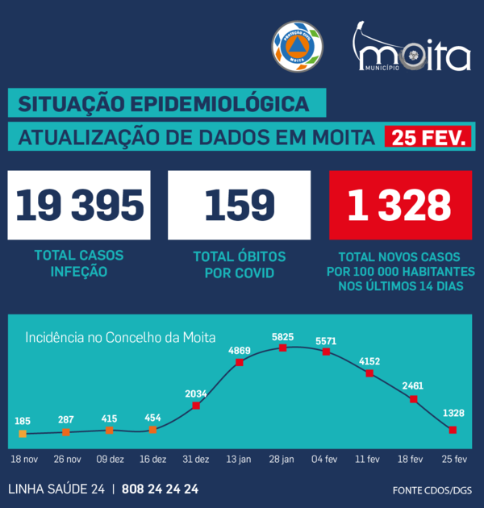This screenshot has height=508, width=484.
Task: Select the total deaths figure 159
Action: tap(240, 205)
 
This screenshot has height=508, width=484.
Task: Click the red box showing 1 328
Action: tap(400, 205)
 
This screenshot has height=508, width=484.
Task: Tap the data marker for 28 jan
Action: tap(283, 348)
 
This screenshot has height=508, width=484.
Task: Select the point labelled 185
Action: tap(23, 433)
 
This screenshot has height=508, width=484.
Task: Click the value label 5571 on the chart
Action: tap(326, 340)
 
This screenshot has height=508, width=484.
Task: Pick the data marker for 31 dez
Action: tap(196, 405)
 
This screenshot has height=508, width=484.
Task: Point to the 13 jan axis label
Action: tap(240, 459)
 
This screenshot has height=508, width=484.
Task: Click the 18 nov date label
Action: tap(23, 459)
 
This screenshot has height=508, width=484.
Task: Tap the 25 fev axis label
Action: tap(453, 459)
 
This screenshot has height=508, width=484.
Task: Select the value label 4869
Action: tap(240, 351)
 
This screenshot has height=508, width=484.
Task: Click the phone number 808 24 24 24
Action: tap(161, 489)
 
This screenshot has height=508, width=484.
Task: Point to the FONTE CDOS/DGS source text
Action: tap(433, 490)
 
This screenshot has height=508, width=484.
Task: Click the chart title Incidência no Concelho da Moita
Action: tap(126, 337)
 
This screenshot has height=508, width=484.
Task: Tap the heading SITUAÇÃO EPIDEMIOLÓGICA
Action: tap(164, 104)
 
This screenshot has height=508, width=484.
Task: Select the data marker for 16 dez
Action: tap(152, 430)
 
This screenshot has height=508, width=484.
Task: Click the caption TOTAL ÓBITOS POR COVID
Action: tap(240, 264)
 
